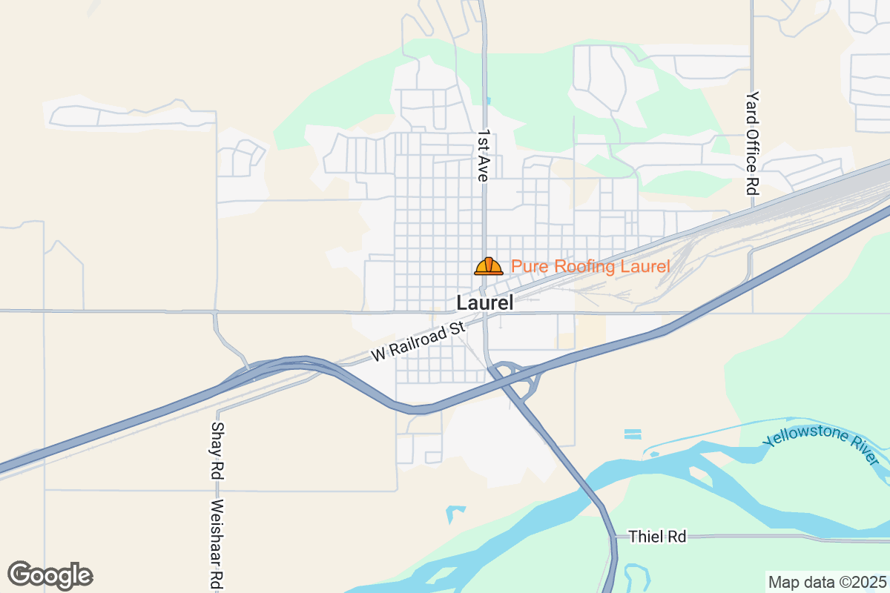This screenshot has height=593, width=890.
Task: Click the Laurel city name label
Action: pyautogui.click(x=485, y=303)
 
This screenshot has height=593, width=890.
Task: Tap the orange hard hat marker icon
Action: pyautogui.click(x=489, y=266)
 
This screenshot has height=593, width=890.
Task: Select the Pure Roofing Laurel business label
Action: pyautogui.click(x=590, y=266)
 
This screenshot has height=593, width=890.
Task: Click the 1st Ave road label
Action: pyautogui.click(x=483, y=156)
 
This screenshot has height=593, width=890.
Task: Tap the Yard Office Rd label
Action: pyautogui.click(x=754, y=143)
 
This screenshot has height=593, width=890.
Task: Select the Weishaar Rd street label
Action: pyautogui.click(x=217, y=545)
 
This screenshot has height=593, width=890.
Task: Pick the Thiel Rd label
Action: pyautogui.click(x=657, y=537)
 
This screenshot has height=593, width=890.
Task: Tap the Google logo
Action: pyautogui.click(x=50, y=575)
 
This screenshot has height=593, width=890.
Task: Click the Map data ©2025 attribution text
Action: pyautogui.click(x=826, y=582)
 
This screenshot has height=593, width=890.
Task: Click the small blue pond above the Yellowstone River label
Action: pyautogui.click(x=633, y=434)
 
